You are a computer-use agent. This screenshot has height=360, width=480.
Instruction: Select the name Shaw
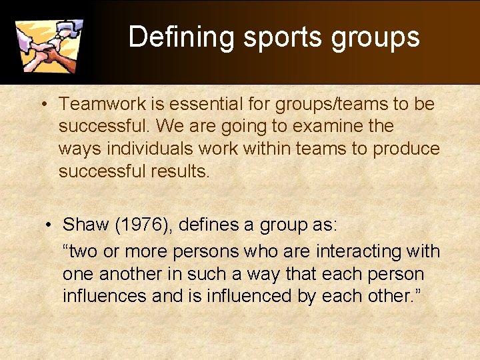click(86, 225)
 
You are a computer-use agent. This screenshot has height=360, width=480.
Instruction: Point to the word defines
click(211, 225)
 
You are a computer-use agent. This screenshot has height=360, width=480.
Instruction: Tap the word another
click(129, 274)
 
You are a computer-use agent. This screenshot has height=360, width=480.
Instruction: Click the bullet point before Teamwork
click(42, 105)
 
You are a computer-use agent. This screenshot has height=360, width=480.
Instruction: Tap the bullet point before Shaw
click(49, 225)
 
